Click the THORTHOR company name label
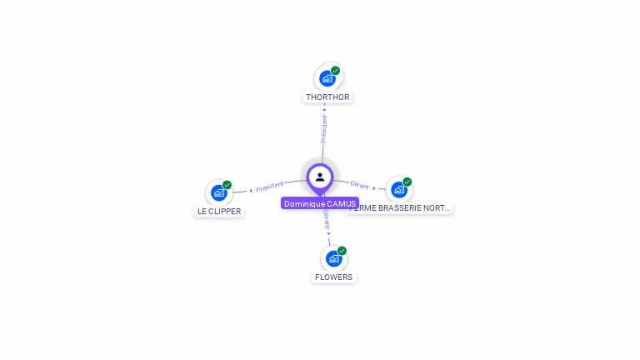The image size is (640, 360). coord(327,97)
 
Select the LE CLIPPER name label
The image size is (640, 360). coord(218,212)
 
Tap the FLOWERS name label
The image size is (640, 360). coord(333,277)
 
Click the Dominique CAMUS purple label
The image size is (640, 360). coord(320,203)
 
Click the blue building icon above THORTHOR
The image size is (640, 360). coord(327,78)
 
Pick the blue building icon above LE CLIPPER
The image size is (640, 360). coord(218,192)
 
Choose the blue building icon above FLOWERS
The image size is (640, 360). coord(333,258)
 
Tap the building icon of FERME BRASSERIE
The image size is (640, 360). coord(398,189)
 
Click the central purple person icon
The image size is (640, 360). coord(320,177)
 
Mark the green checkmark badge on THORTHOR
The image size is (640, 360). coord(336,71)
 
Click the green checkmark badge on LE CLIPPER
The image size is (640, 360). coord(227,185)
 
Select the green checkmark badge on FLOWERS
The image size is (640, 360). coord(342,251)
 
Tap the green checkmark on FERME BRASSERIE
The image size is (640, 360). coord(407,182)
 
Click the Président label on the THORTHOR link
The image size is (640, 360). coord(324,128)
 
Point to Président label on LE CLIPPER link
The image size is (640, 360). coord(270,187)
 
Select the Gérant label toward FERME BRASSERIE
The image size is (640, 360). coord(359,185)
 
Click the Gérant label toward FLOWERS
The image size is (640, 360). coord(327,219)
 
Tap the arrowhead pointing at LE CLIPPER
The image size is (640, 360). coord(250,191)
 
